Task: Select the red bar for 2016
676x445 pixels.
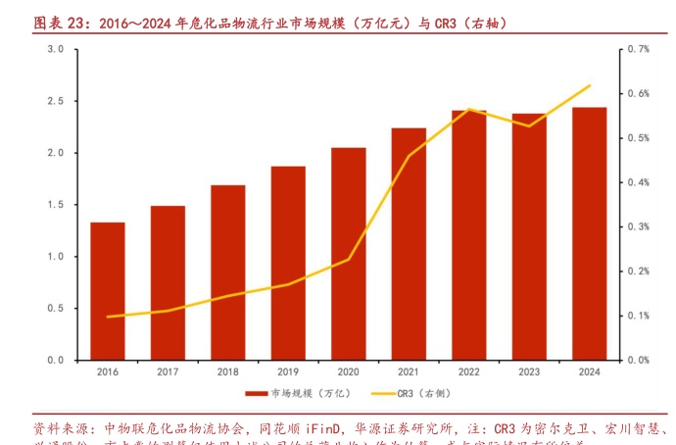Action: point(108,291)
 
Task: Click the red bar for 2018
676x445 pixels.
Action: point(227,272)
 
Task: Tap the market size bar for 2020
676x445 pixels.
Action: point(348,254)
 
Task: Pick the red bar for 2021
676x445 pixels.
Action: point(409,244)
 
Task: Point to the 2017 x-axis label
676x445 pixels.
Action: point(168,372)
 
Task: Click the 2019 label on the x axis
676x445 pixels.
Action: point(288,372)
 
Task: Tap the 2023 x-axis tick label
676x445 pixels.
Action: point(529,372)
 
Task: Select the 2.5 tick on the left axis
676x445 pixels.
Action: point(55,101)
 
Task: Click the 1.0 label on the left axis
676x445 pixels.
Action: point(55,257)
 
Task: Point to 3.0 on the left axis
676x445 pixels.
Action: point(55,49)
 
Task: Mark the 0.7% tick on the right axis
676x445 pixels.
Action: point(639,49)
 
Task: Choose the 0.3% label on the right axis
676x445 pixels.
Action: point(639,226)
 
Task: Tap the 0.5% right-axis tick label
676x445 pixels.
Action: point(639,137)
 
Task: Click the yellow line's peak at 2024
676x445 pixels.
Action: point(589,85)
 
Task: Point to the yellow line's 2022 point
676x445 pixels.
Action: point(468,109)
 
